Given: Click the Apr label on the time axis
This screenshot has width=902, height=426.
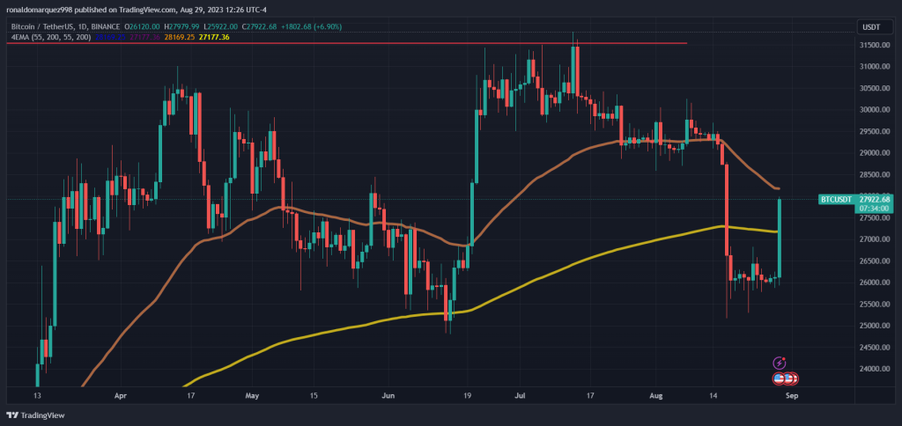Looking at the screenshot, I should coord(121,396).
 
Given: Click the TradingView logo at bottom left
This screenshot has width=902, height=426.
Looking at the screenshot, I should coord(37,415).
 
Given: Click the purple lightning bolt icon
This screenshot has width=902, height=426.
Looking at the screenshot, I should coord(779,363).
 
